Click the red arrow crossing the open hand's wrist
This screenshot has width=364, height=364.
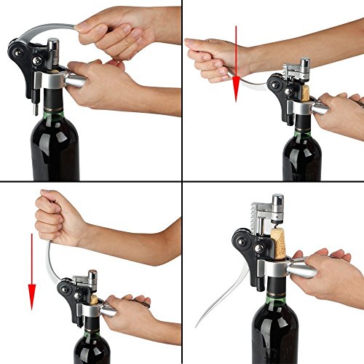point(237,62)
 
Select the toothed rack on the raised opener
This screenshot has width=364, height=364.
point(261,215)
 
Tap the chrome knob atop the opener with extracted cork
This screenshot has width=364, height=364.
point(277,201)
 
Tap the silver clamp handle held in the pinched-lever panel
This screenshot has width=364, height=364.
point(76,77)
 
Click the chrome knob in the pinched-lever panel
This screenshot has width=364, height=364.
point(53,47)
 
